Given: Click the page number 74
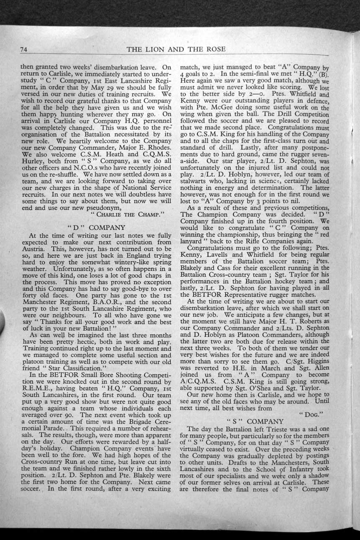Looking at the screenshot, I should [24, 50].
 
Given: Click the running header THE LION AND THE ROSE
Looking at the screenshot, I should [176, 49].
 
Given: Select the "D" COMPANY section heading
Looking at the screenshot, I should [96, 227].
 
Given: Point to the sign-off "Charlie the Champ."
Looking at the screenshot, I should [126, 215].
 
